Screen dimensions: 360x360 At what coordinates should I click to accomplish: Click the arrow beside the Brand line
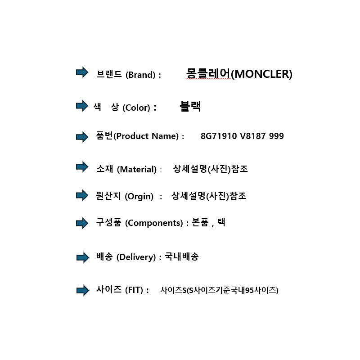point(82,72)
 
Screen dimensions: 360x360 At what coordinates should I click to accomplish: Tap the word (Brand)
point(140,75)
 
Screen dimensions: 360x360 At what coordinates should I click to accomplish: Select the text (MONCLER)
point(261,74)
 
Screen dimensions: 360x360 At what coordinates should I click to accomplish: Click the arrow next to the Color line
point(82,106)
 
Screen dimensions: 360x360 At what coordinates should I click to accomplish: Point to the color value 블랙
point(190,106)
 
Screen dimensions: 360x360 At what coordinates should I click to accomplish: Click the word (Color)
point(136,108)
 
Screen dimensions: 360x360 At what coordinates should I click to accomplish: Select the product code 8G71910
point(219,136)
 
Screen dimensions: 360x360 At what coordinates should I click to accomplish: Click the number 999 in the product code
point(276,136)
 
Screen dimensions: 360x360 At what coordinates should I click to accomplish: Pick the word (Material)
point(137,170)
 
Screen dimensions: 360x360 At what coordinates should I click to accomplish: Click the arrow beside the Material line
point(82,166)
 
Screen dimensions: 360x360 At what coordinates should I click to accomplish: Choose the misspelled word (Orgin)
point(139,197)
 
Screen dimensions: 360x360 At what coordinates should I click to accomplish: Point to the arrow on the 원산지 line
point(82,195)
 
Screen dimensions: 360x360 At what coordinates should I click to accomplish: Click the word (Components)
point(154,223)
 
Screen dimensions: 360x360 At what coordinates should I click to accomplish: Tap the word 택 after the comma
point(221,222)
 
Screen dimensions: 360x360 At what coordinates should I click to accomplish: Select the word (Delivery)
point(136,257)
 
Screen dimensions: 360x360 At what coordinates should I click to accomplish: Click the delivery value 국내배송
point(182,256)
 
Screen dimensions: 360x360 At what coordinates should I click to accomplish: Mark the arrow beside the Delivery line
point(83,257)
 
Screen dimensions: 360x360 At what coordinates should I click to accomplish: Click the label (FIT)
point(134,290)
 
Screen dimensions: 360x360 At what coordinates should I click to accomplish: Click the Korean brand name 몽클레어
point(208,73)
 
